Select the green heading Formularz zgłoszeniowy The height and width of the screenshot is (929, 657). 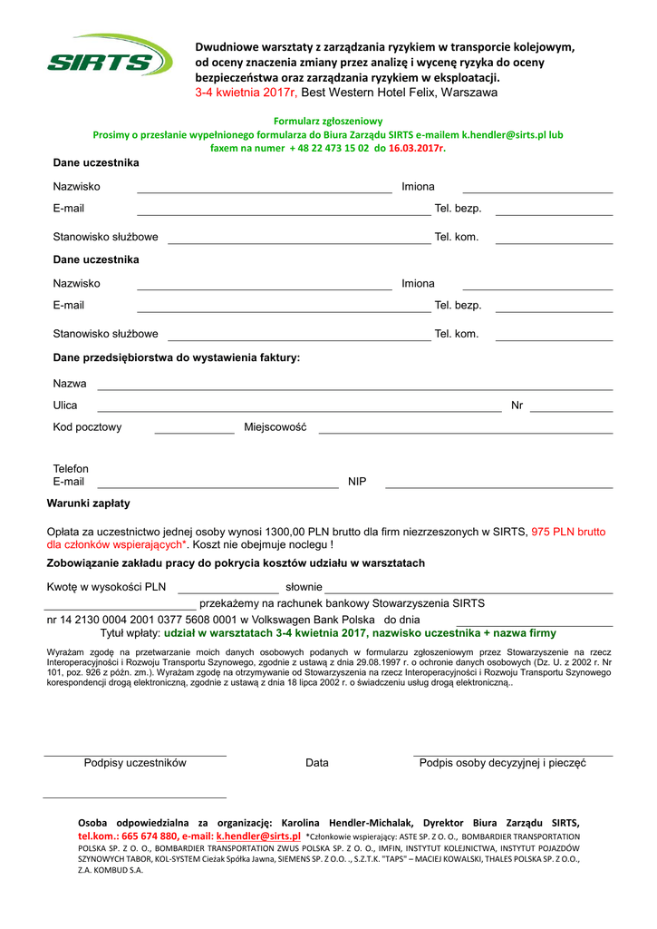click(x=328, y=121)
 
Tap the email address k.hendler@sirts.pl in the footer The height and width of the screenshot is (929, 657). click(x=257, y=836)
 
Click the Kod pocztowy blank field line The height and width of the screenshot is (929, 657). click(x=194, y=434)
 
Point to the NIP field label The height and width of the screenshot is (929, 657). click(x=357, y=482)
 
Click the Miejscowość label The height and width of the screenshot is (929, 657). click(x=275, y=427)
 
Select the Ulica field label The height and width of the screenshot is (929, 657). click(x=65, y=406)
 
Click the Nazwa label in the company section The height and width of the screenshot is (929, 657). click(x=70, y=384)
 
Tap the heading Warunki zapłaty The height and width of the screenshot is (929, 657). click(x=88, y=504)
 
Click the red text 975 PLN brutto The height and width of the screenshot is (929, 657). click(x=568, y=532)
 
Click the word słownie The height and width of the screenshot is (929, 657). click(x=304, y=587)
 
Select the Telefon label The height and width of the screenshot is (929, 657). click(x=71, y=469)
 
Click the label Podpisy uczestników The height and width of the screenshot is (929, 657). click(x=135, y=763)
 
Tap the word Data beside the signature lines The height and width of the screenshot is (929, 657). click(x=317, y=763)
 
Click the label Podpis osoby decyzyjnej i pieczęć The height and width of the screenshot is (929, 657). click(x=502, y=763)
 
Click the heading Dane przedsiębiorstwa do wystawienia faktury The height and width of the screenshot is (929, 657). click(x=176, y=357)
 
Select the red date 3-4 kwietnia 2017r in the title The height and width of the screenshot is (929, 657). click(x=246, y=93)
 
